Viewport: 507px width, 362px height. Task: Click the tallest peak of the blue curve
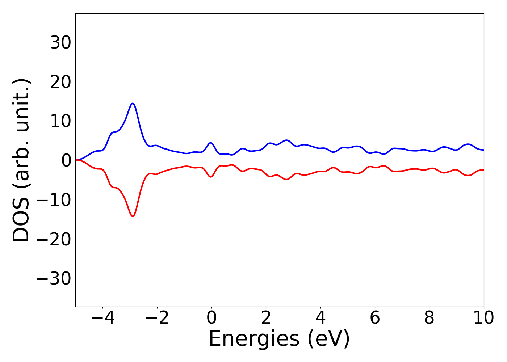133,104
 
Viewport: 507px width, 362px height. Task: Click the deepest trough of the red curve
133,216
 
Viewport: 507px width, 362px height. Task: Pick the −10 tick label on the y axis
55,200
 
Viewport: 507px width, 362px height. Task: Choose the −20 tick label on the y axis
55,239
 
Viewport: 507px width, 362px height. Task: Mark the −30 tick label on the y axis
55,279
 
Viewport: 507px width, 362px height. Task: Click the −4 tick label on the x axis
103,318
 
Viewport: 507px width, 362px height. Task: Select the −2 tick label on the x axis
157,318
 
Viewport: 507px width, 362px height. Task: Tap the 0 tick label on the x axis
211,318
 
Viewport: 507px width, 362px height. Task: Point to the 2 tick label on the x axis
266,318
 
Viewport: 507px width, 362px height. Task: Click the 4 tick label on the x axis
320,318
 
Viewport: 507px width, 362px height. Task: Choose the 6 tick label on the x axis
375,318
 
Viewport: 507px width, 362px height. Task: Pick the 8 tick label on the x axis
429,318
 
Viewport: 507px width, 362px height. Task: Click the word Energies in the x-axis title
254,339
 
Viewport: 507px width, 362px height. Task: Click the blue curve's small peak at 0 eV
211,143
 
